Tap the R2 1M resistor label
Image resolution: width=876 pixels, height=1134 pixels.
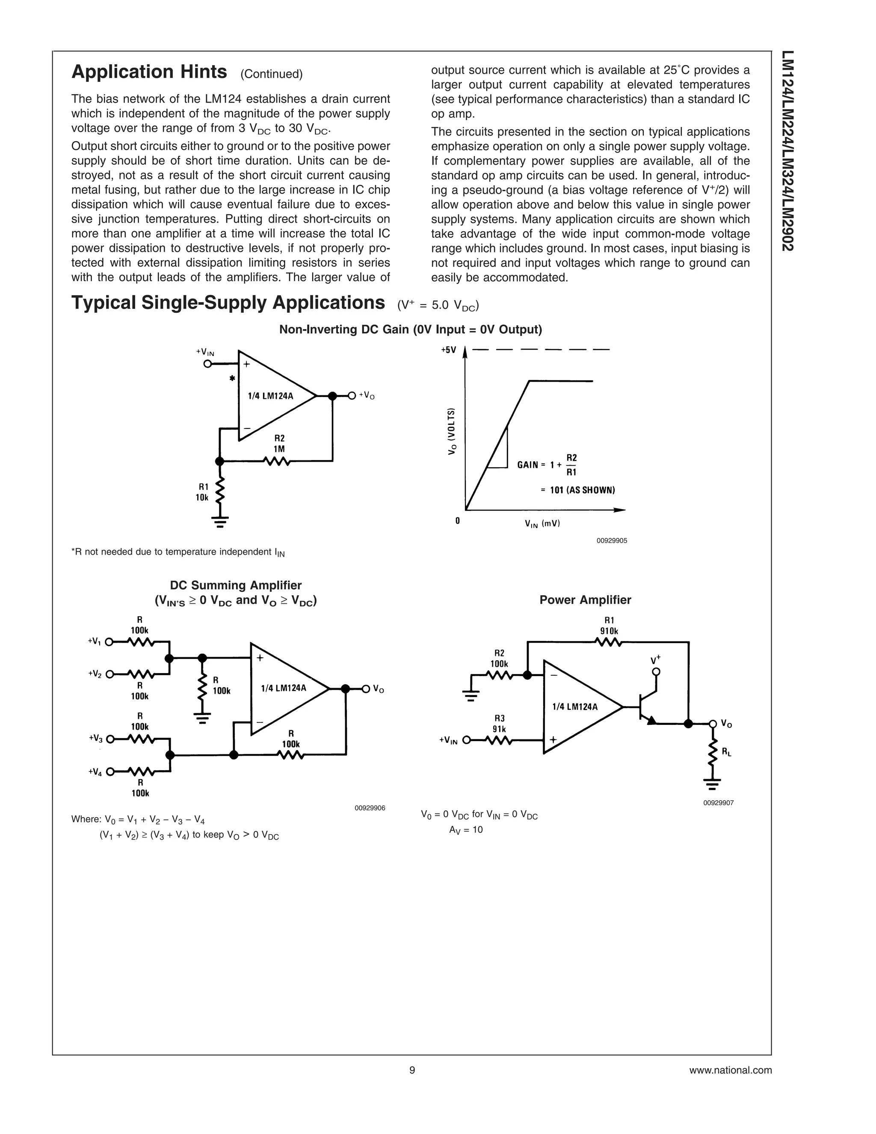279,443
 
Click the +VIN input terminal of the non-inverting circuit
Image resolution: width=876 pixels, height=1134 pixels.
207,364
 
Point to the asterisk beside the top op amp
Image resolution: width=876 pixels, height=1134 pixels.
232,379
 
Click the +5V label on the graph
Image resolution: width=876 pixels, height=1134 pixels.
448,350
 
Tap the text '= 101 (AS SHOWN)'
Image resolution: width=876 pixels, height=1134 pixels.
577,490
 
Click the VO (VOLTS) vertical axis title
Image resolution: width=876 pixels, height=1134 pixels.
452,431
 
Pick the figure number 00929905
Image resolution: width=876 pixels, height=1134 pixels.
611,540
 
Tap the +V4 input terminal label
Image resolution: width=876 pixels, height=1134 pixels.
95,772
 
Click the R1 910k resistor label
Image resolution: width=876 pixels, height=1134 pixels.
609,626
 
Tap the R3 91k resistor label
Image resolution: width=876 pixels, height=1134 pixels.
499,723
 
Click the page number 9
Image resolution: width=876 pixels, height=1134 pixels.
412,1070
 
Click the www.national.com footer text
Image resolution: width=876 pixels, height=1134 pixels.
730,1070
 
